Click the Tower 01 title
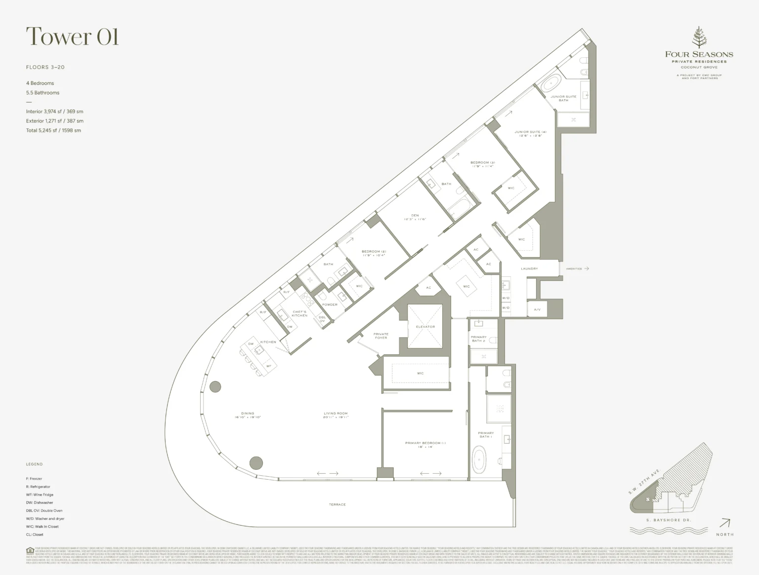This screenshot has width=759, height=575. [72, 37]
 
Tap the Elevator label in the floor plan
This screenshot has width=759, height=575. [425, 327]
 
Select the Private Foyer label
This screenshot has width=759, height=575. [381, 336]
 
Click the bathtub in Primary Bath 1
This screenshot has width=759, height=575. [479, 460]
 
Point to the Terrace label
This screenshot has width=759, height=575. [337, 504]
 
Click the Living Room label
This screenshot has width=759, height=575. [336, 415]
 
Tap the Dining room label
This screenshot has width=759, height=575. [248, 415]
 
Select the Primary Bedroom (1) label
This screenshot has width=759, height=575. [425, 445]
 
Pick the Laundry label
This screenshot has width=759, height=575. [529, 268]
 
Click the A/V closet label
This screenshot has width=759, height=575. [537, 310]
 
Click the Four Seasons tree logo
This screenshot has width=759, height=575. [699, 38]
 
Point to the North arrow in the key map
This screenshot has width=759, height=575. [725, 523]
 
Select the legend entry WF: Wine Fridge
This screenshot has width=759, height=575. [40, 495]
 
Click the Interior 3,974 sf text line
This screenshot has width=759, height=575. [54, 112]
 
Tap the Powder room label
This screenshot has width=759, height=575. [330, 305]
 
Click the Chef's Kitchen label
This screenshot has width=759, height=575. [299, 313]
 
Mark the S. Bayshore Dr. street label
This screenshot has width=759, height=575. [669, 520]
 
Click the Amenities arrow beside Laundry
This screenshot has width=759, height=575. [587, 268]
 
